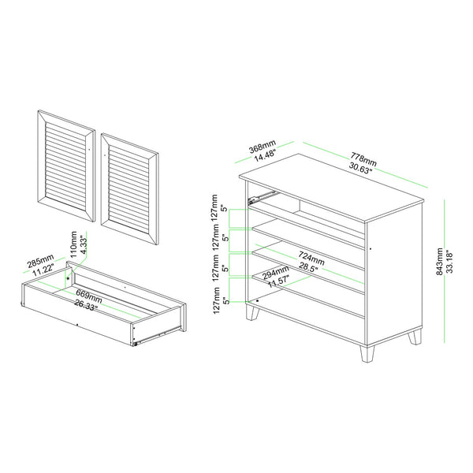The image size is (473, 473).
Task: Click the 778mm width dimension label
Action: pyautogui.click(x=363, y=158)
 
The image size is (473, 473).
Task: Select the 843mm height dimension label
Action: pyautogui.click(x=440, y=262)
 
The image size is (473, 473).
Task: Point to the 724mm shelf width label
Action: pyautogui.click(x=311, y=258)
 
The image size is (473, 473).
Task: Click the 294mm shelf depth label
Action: pyautogui.click(x=275, y=272)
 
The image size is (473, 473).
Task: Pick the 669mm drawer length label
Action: pyautogui.click(x=88, y=296)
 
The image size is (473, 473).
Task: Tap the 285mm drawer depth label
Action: pyautogui.click(x=41, y=261)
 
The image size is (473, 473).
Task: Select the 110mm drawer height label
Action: pyautogui.click(x=73, y=244)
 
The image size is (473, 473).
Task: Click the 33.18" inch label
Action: pyautogui.click(x=449, y=261)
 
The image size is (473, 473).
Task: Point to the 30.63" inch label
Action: pyautogui.click(x=361, y=168)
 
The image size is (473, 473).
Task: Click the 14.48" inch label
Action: pyautogui.click(x=266, y=156)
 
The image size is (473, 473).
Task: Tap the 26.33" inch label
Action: pyautogui.click(x=86, y=305)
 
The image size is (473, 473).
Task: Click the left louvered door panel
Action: pyautogui.click(x=66, y=166)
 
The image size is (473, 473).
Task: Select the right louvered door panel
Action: pyautogui.click(x=130, y=189)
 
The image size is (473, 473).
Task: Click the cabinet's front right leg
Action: pyautogui.click(x=367, y=353)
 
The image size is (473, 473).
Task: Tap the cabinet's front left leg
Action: pyautogui.click(x=252, y=312)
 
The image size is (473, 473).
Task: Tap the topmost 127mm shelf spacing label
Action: pyautogui.click(x=214, y=208)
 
